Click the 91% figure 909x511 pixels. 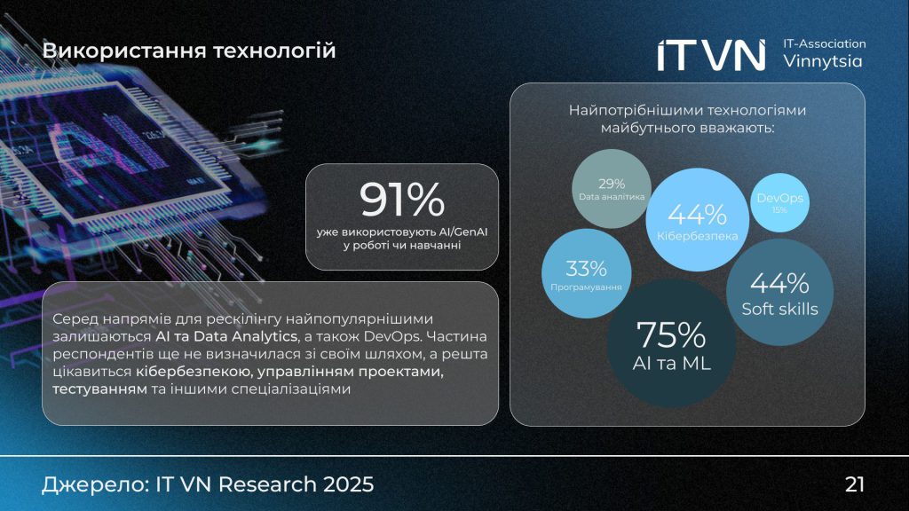[x=401, y=200]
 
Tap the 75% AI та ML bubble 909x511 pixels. [x=671, y=345]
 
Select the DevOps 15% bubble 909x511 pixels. [x=779, y=203]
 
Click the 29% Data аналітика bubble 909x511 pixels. [x=611, y=189]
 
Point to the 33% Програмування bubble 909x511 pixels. [x=586, y=275]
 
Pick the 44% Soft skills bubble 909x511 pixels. [x=779, y=293]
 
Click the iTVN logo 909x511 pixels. [x=711, y=54]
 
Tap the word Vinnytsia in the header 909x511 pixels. [x=822, y=62]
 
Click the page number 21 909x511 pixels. [x=855, y=484]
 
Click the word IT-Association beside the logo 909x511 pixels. [x=825, y=43]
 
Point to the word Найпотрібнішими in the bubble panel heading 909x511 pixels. [x=625, y=110]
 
